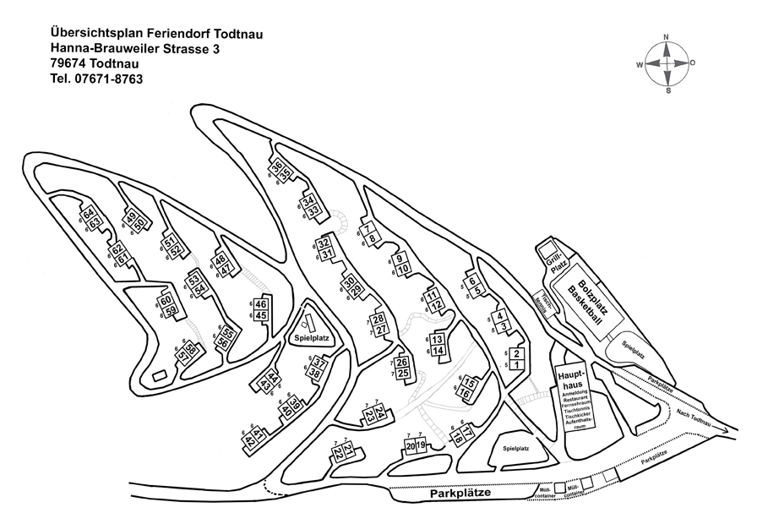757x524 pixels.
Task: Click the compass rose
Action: point(667,63)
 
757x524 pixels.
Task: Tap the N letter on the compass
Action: point(667,37)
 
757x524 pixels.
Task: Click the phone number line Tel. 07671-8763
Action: point(96,79)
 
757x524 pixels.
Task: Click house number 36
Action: point(277,167)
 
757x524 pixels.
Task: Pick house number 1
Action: point(518,364)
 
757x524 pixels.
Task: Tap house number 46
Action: point(261,304)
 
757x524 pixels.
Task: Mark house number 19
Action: point(421,445)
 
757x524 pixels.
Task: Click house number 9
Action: point(400,258)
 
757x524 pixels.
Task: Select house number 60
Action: point(166,300)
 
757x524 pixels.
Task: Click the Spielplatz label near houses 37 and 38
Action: point(311,337)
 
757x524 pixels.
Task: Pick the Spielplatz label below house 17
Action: point(515,449)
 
